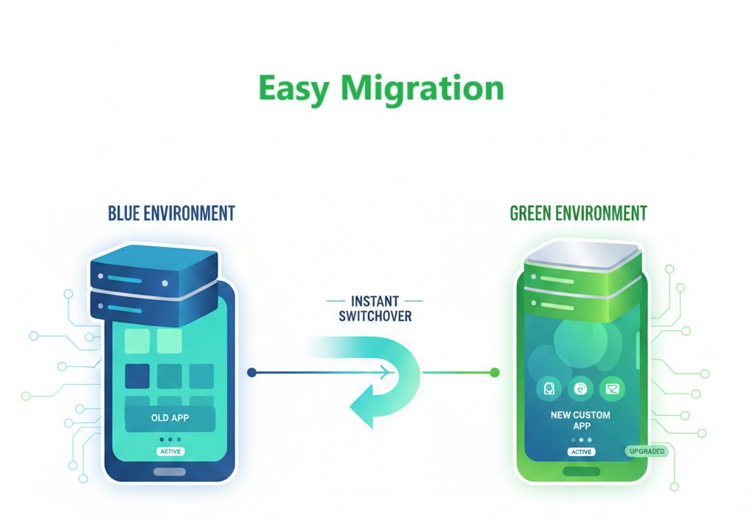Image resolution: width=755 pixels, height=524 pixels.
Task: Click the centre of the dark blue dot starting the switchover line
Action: click(x=251, y=372)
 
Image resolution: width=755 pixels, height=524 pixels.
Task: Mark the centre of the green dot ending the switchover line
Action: click(x=495, y=372)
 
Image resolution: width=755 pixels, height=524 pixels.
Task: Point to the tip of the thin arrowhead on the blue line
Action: click(x=394, y=372)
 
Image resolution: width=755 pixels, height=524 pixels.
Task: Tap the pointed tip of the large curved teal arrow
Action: click(x=350, y=410)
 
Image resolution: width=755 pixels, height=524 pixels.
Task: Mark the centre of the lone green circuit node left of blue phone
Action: click(x=26, y=396)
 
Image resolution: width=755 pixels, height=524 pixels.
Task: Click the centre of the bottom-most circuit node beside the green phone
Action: click(x=675, y=487)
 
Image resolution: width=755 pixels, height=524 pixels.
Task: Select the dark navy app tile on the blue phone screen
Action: click(x=137, y=376)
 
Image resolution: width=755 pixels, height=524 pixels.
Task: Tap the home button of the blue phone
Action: click(x=170, y=472)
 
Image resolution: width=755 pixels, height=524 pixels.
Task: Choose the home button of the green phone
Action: click(x=582, y=471)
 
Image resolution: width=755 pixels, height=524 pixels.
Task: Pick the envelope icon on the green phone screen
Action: click(x=612, y=389)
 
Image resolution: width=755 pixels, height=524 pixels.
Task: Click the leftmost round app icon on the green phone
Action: click(x=549, y=389)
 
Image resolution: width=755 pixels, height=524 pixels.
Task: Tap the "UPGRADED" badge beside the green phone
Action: click(x=647, y=451)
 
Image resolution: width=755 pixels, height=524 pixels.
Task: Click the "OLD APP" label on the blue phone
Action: click(x=170, y=418)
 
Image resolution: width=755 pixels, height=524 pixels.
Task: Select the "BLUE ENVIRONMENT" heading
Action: click(x=171, y=213)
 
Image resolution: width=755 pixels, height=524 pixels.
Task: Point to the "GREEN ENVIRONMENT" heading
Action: click(x=578, y=213)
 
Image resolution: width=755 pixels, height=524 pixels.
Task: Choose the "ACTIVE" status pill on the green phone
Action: click(x=582, y=452)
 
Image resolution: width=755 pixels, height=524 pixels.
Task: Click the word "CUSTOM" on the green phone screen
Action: click(x=591, y=415)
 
